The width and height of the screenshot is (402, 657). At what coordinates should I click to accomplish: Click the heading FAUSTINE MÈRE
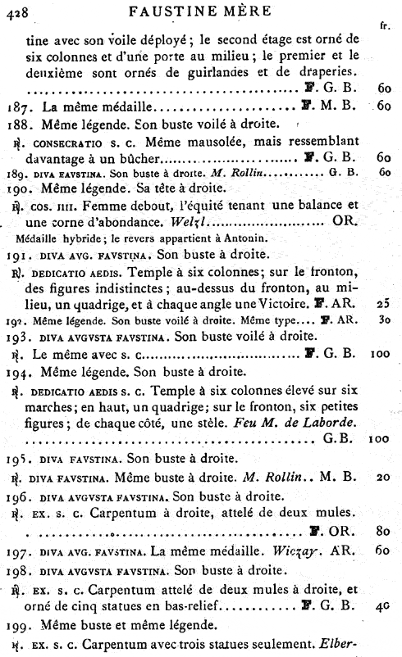[x=202, y=9]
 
